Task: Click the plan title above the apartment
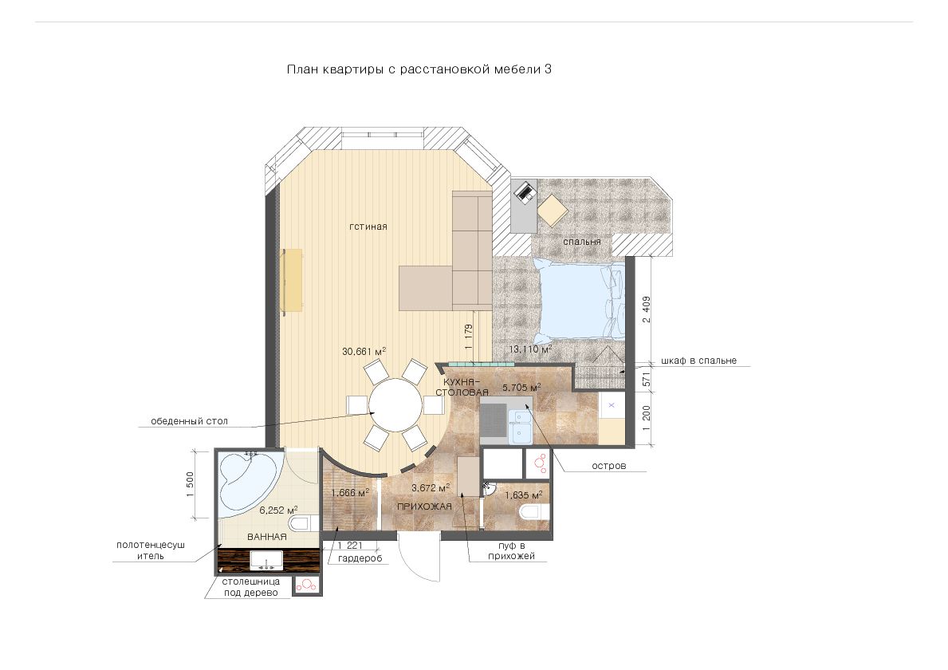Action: pyautogui.click(x=419, y=69)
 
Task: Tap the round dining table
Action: pyautogui.click(x=396, y=404)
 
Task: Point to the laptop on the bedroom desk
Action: pyautogui.click(x=524, y=191)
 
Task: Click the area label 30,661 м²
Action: pyautogui.click(x=364, y=351)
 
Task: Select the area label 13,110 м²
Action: pyautogui.click(x=530, y=349)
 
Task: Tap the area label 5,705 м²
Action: pyautogui.click(x=521, y=387)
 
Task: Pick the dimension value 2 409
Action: pyautogui.click(x=647, y=309)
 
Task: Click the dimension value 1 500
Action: pyautogui.click(x=191, y=483)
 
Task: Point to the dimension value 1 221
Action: pyautogui.click(x=351, y=546)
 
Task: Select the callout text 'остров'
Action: pyautogui.click(x=609, y=467)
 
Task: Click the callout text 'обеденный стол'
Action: pyautogui.click(x=189, y=421)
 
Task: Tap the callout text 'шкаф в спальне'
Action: pyautogui.click(x=699, y=361)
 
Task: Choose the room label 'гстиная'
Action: pyautogui.click(x=368, y=227)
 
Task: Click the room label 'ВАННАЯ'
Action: pyautogui.click(x=266, y=536)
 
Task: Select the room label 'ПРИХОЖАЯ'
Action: pyautogui.click(x=424, y=506)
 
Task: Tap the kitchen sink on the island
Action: pyautogui.click(x=520, y=426)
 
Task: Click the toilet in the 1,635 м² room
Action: pyautogui.click(x=533, y=513)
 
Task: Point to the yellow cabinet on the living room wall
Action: pyautogui.click(x=293, y=281)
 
